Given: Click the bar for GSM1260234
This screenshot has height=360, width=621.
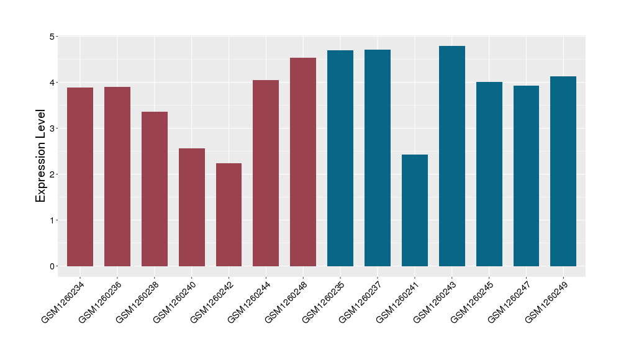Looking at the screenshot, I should coord(80,177).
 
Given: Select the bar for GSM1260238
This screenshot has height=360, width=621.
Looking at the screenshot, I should coord(155,189).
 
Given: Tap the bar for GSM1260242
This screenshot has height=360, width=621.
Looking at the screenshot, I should coord(229,215).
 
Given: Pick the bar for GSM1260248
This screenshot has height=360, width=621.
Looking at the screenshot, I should coord(303,162).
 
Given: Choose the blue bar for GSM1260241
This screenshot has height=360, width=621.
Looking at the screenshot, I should coord(415,210).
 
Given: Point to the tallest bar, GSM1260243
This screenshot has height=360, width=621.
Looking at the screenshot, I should coord(452,156).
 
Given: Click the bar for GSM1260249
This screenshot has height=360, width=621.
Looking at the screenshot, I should coord(563,171).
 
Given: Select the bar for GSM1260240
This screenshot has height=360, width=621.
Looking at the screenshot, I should coord(192,207).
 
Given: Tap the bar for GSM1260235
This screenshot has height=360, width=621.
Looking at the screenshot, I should coord(340,158).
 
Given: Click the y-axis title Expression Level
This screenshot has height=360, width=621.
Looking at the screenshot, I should coord(41,156).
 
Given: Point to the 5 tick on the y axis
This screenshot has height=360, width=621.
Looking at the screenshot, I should coord(53,37).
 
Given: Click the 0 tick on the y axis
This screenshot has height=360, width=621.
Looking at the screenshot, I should coord(53,266).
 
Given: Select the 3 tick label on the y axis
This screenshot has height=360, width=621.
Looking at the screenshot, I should coord(53,128).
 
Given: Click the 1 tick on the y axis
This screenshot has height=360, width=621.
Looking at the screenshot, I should coord(53,220).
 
